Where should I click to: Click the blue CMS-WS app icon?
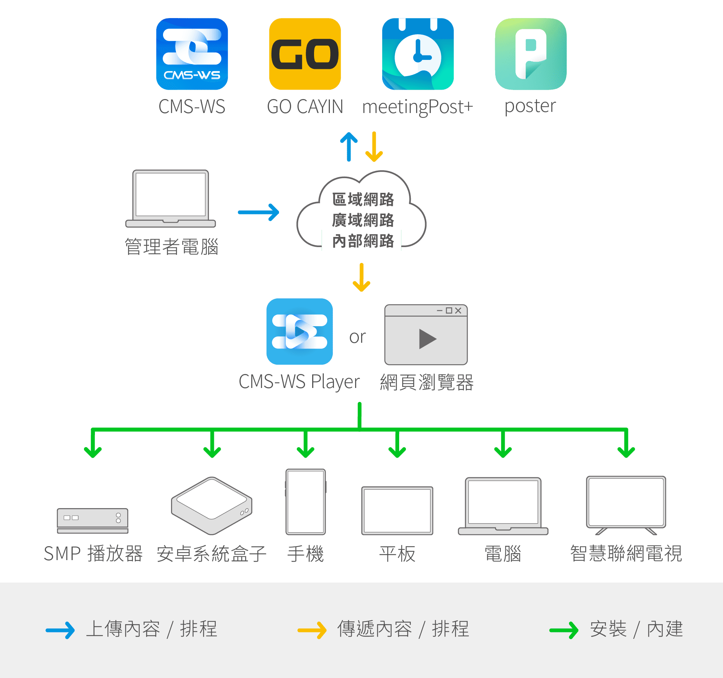point(192,54)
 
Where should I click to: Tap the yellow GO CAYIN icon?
point(305,54)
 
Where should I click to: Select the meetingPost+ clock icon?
point(418,54)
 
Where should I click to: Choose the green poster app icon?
point(531,54)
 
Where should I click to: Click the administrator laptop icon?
point(171,199)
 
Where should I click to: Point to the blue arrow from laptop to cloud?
point(259,212)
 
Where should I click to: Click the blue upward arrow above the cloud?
point(349,147)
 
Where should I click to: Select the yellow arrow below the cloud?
point(361,277)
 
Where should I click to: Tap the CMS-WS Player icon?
point(300,331)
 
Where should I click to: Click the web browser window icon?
point(426,334)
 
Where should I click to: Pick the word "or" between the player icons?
point(357,337)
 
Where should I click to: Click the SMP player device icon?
point(93,521)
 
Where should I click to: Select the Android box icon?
point(212,506)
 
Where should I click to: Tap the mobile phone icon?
point(306,502)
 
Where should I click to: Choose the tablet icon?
point(397,511)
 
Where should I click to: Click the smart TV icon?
point(626,505)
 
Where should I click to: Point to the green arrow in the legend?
point(564,630)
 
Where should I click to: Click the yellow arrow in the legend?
point(312,630)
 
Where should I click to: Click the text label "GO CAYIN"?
point(305,107)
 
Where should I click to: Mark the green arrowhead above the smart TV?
point(626,451)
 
